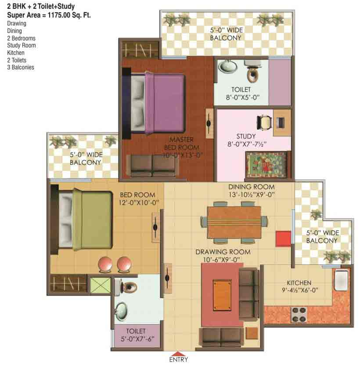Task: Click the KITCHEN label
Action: pos(299,282)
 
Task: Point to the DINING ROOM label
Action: pos(251,187)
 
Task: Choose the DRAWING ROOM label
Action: pos(223,252)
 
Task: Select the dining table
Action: pos(234,221)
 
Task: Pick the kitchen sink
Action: pos(341,282)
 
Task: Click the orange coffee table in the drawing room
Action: pos(222,294)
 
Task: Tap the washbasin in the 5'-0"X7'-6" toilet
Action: pos(121,311)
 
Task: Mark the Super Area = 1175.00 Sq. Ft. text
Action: pos(49,16)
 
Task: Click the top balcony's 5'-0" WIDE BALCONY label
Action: pos(226,34)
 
